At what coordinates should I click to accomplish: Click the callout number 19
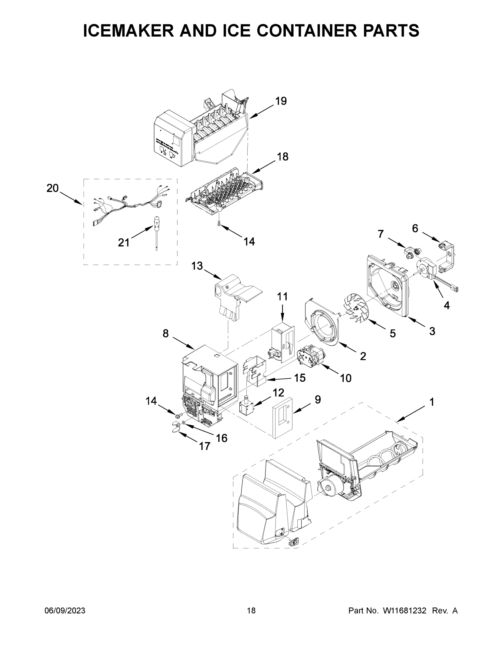(281, 101)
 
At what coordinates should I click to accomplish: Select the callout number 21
(124, 243)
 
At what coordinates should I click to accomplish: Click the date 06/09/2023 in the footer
(65, 611)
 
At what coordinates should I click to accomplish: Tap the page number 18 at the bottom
(251, 611)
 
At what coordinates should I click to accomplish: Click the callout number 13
(197, 266)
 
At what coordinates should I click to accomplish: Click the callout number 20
(53, 188)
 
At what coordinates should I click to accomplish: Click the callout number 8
(166, 334)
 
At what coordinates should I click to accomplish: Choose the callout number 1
(432, 402)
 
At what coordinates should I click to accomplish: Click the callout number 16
(222, 438)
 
